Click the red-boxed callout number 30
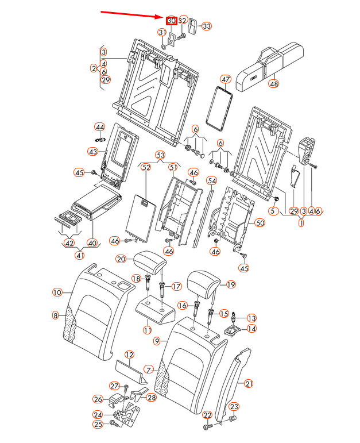(x=171, y=21)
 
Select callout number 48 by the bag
(x=274, y=83)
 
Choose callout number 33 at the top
(x=206, y=26)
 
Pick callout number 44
(x=100, y=126)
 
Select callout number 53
(x=161, y=155)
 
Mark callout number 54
(x=212, y=180)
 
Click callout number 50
(x=260, y=223)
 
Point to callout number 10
(x=57, y=292)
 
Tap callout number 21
(x=248, y=384)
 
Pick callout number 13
(x=251, y=318)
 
